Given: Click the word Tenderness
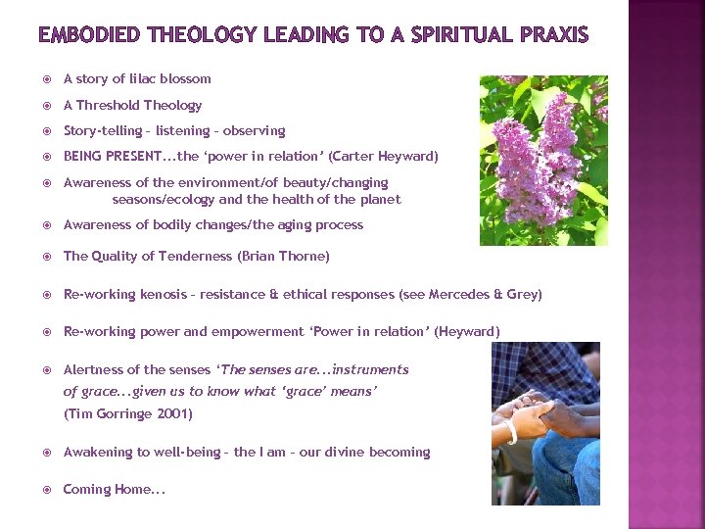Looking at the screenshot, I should [x=194, y=256].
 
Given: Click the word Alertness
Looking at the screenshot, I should [x=94, y=369].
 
